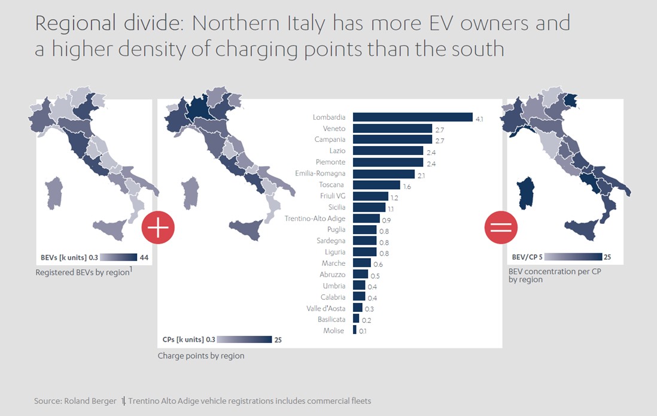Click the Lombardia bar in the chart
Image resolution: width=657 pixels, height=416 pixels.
coord(412,117)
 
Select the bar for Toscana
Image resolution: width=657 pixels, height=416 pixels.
coord(376,185)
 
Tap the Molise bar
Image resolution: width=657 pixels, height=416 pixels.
coord(355,330)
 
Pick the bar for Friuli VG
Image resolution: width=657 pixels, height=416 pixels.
coord(370,196)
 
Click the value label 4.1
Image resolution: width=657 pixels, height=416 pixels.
coord(479,119)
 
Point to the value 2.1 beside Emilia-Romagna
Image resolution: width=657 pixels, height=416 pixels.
coord(421,175)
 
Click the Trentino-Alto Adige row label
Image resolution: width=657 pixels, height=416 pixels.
coord(315,218)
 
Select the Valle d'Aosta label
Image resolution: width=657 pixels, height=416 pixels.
coord(326,308)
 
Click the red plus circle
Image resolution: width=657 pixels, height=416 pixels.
coord(157,227)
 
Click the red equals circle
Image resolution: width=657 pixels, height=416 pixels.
coord(501,227)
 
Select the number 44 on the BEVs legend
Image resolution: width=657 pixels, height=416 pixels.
coord(144,257)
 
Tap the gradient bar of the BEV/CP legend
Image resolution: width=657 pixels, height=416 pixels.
coord(573,257)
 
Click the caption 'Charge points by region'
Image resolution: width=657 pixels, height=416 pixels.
coord(201,356)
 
